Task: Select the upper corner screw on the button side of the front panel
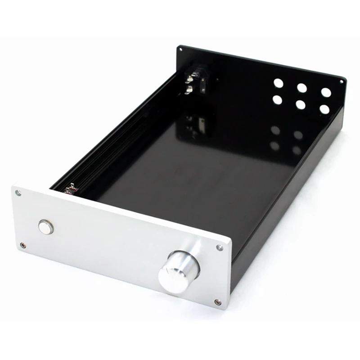coord(18,193)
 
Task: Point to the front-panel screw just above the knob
coord(220,247)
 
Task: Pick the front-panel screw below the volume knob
coord(217,302)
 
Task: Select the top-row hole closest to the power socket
coord(279,83)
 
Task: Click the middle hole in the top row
coord(302,88)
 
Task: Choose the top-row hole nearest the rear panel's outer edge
coord(326,93)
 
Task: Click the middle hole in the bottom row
coord(301,104)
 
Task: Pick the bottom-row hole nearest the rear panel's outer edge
coord(324,109)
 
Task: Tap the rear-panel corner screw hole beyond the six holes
coord(341,82)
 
